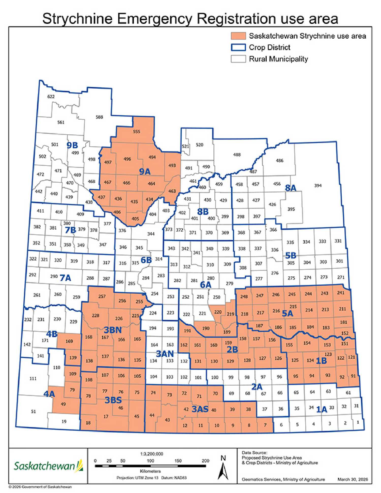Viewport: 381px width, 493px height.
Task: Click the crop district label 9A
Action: point(145,172)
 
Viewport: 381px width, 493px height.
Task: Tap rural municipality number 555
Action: point(136,132)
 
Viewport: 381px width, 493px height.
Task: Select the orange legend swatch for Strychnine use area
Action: point(238,36)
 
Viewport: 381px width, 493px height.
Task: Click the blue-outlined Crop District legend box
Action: point(238,47)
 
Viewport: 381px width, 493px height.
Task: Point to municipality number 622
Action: point(51,97)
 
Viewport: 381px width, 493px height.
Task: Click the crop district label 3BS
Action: point(113,400)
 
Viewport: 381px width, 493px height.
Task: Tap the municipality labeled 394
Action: point(318,185)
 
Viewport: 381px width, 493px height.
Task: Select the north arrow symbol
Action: point(223,469)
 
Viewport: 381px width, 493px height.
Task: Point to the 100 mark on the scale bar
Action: point(150,461)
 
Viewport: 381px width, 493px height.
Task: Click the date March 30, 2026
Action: point(353,479)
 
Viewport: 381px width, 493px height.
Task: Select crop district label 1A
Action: point(321,409)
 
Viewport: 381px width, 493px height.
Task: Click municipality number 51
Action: point(33,411)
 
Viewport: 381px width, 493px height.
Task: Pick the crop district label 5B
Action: point(291,256)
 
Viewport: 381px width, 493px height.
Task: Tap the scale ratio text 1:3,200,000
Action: point(152,454)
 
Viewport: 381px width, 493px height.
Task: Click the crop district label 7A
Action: point(65,278)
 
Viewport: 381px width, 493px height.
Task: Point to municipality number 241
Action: point(340,293)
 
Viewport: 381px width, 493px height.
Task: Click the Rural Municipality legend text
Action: point(278,59)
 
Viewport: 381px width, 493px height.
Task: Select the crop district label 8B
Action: point(203,212)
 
